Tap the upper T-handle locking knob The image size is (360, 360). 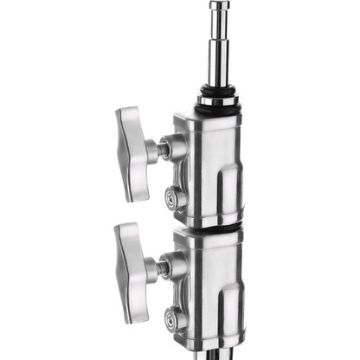[132, 152]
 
